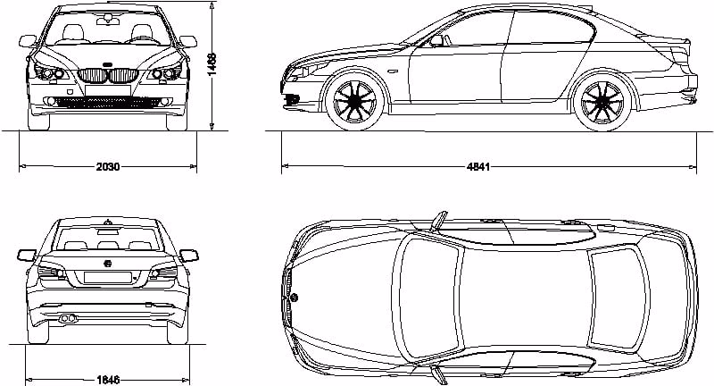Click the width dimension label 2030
tap(108, 167)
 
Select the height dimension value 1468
tap(212, 64)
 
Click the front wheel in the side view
tap(357, 103)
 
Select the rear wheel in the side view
tap(602, 103)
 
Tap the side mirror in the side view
tap(436, 40)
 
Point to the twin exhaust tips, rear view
tap(67, 317)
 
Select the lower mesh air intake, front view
tap(108, 102)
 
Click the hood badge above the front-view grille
tap(108, 64)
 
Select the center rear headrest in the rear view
tap(109, 244)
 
